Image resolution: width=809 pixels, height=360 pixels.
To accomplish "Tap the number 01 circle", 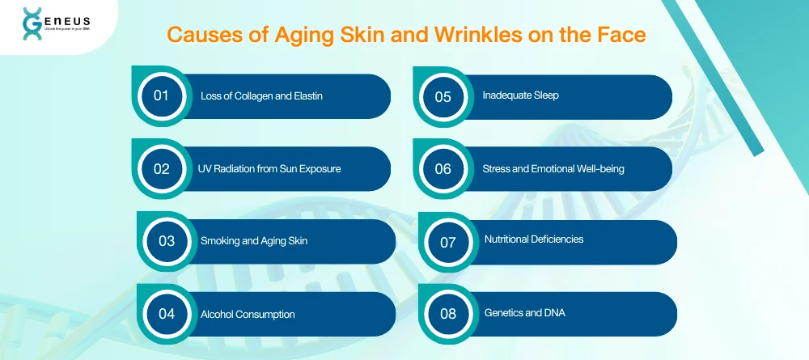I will tap(161, 96).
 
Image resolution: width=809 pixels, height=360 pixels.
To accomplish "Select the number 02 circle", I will tap(161, 169).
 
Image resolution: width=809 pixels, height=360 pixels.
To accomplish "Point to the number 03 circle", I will tap(167, 241).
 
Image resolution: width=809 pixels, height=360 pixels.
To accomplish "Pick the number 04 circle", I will tap(167, 314).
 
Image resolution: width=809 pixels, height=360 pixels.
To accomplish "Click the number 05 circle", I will tap(443, 96).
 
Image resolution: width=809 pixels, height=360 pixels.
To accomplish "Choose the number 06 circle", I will tap(443, 169).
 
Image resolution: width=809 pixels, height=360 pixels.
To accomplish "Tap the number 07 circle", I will tap(448, 241).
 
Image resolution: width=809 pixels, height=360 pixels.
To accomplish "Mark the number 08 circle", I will tap(448, 314).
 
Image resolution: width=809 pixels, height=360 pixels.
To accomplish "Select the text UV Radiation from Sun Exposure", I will tap(269, 169).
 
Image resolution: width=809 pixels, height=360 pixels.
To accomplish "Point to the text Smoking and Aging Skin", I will tap(254, 241).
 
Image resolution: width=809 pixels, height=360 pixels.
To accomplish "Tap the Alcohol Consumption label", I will tap(248, 314).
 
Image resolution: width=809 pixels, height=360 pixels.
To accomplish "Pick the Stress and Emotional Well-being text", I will tap(553, 169).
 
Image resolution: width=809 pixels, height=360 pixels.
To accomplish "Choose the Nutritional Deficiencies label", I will tap(534, 239).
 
